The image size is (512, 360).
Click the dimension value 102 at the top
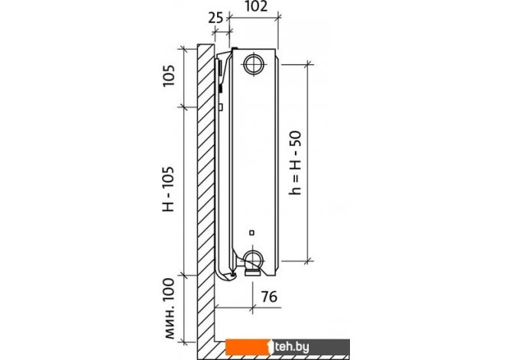click(x=256, y=6)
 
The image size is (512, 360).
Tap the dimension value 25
click(x=215, y=18)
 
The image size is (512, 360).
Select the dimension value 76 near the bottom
click(x=269, y=297)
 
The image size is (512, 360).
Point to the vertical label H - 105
click(x=168, y=189)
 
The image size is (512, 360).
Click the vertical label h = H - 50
click(x=295, y=163)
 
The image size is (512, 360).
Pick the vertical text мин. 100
click(x=170, y=309)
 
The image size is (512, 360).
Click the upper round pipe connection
click(x=254, y=64)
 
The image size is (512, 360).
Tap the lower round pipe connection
click(x=253, y=260)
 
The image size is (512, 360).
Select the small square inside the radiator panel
click(x=251, y=233)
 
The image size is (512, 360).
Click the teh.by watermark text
click(x=292, y=347)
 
